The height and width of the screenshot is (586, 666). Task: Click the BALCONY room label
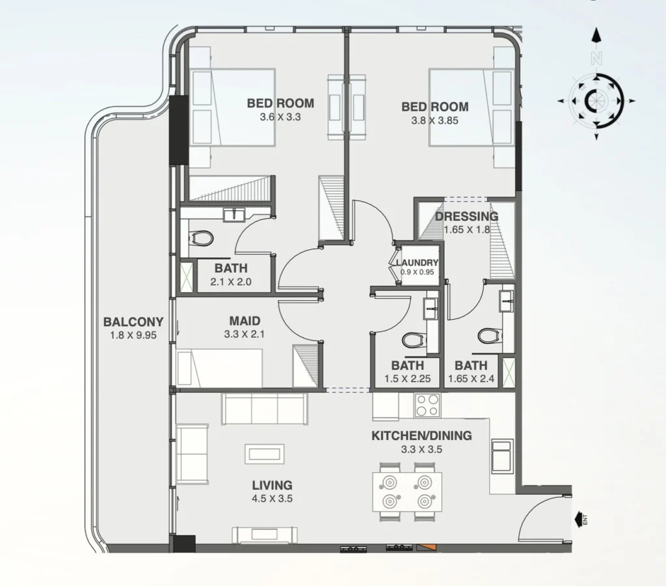tap(133, 322)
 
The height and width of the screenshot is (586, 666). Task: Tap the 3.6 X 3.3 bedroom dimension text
tap(280, 118)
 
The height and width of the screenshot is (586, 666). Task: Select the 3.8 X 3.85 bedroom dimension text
tap(434, 121)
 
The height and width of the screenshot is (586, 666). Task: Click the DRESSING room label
tap(466, 217)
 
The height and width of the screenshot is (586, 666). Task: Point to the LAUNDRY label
tap(418, 262)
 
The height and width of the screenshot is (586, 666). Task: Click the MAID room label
tap(245, 321)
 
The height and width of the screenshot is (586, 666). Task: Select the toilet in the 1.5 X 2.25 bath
tap(412, 339)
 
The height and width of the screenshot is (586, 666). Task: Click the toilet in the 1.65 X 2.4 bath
tap(487, 336)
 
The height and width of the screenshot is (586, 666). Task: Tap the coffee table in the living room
tap(264, 453)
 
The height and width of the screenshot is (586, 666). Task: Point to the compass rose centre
tap(596, 101)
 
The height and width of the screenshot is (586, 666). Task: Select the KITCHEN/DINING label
tap(421, 436)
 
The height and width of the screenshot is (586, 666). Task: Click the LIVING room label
tap(272, 485)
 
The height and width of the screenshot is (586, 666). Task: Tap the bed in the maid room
tap(220, 367)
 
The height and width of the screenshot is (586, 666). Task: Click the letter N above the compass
tap(596, 57)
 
